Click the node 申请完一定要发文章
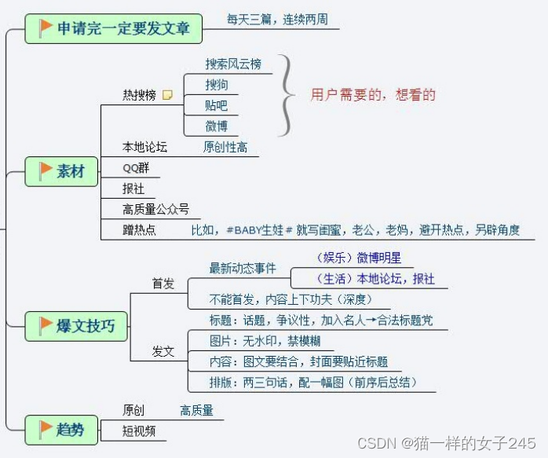114,29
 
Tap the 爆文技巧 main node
76,325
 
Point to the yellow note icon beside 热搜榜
167,95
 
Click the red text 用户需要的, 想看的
373,95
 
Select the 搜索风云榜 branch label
233,64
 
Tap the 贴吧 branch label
217,105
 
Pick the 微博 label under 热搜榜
217,126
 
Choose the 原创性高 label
225,147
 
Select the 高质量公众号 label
155,209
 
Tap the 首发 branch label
163,284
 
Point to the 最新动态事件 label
243,269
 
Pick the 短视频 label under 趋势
139,431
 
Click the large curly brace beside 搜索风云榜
289,95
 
